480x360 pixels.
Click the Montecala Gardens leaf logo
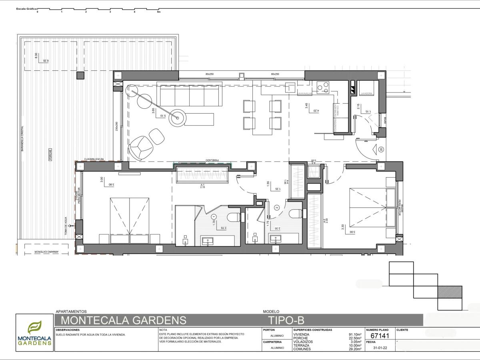pyautogui.click(x=34, y=328)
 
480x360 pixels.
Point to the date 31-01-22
pyautogui.click(x=379, y=348)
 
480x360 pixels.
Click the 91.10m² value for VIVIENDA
pyautogui.click(x=355, y=335)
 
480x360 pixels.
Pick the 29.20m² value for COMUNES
pyautogui.click(x=355, y=349)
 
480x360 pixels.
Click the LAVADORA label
pyautogui.click(x=366, y=93)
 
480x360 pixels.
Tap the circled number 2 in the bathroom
pyautogui.click(x=276, y=207)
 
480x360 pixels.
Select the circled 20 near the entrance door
pyautogui.click(x=381, y=150)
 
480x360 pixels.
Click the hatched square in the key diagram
pyautogui.click(x=450, y=292)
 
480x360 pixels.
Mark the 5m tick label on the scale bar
pyautogui.click(x=158, y=12)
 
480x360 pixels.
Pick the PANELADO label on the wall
pyautogui.click(x=213, y=160)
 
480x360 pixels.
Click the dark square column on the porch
pyautogui.click(x=80, y=75)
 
